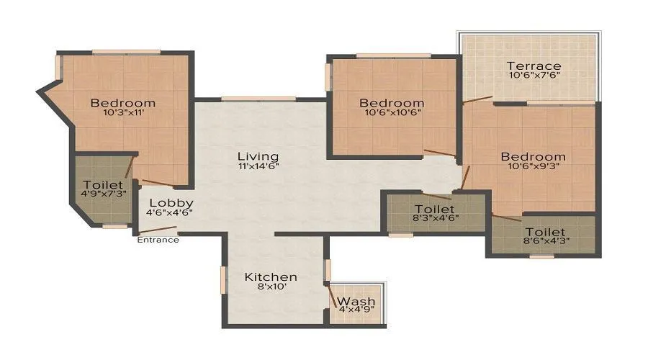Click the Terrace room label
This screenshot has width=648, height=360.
pos(534,66)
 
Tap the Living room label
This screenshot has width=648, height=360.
pos(258,156)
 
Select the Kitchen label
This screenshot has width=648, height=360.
pos(270,277)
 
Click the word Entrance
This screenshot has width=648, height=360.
pos(158,240)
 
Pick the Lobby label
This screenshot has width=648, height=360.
pos(171,203)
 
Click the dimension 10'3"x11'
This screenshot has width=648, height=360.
pos(123,112)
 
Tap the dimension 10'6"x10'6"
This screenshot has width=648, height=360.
pos(392,112)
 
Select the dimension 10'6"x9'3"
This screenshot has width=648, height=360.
pos(534,166)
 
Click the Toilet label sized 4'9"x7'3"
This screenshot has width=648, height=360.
pos(98,184)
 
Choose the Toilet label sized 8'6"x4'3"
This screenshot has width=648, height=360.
pos(545,232)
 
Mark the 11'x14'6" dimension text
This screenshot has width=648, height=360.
pos(258,166)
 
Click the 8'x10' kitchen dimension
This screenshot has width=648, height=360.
pos(270,287)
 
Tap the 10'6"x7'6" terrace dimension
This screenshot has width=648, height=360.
pos(534,76)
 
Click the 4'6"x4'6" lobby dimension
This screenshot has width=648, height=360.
pos(170,212)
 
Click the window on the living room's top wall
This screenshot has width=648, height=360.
pos(258,99)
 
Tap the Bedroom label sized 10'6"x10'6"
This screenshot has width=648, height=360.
pos(392,103)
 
